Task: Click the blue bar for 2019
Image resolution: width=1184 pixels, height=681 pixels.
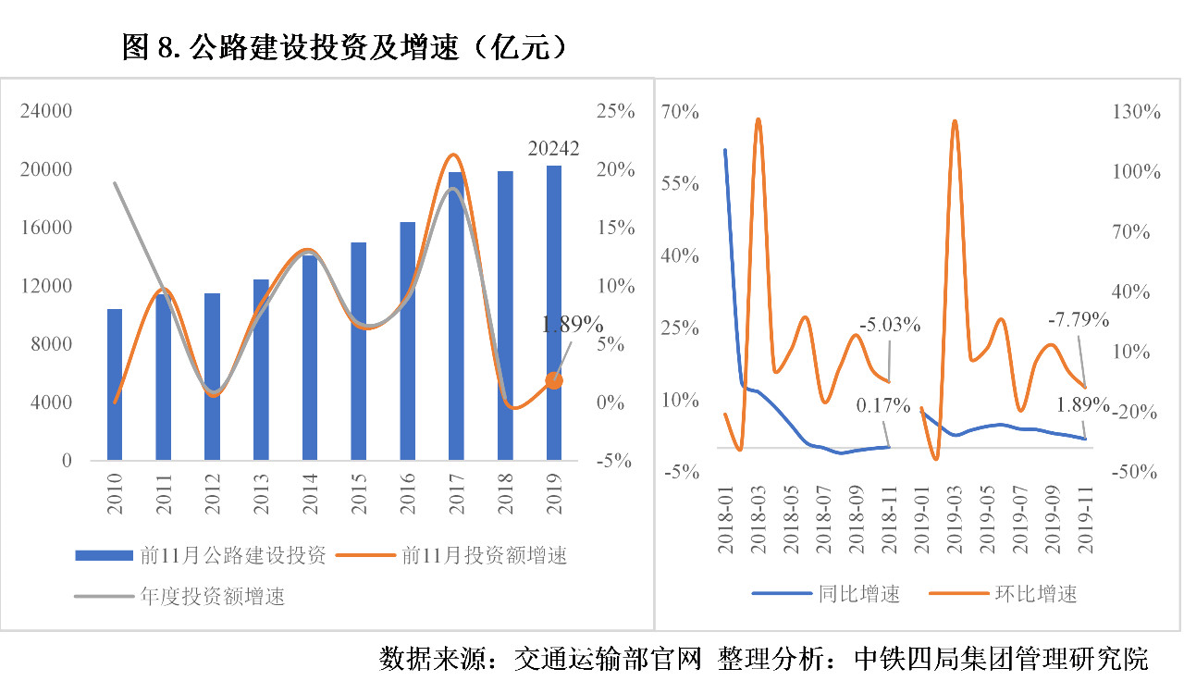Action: tap(553, 315)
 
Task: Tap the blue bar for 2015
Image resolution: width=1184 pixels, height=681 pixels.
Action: tap(358, 352)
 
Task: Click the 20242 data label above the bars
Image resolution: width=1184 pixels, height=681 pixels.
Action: tap(553, 148)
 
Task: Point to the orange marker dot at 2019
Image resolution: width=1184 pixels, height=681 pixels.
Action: tap(554, 380)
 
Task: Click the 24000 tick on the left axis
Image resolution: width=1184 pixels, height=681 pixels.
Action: tap(47, 112)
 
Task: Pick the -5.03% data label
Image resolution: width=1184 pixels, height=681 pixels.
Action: tap(890, 325)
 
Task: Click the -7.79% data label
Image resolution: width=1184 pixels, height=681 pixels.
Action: tap(1079, 320)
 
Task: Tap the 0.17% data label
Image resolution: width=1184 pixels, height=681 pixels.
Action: tap(883, 405)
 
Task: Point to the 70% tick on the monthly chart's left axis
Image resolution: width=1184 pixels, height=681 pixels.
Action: tap(680, 112)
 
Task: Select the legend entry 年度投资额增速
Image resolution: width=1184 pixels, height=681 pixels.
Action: tap(212, 596)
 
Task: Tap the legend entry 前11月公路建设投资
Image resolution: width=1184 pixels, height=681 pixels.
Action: tap(232, 556)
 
